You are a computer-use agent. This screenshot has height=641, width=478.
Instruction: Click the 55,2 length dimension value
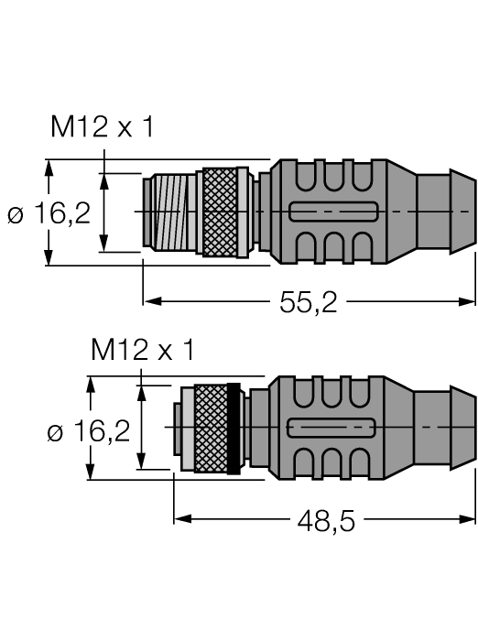(x=309, y=302)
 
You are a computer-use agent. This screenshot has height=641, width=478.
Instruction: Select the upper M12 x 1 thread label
(x=102, y=129)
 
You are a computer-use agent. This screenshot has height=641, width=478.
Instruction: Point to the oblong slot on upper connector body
(x=331, y=212)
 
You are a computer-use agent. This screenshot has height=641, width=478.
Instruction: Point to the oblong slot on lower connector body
(x=331, y=429)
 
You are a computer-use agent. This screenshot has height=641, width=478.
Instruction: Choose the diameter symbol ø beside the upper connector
(x=15, y=215)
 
